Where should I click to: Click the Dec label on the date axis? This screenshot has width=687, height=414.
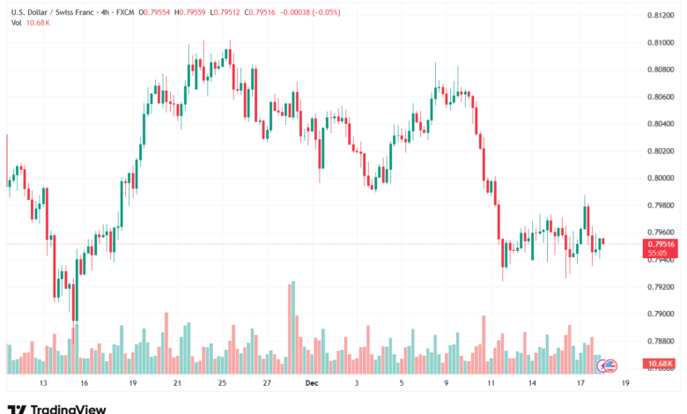coord(309,384)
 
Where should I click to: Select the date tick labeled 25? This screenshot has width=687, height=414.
coord(223,384)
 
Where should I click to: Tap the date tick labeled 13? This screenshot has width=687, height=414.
coord(42,384)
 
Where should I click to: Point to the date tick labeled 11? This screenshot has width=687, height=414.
coord(490,384)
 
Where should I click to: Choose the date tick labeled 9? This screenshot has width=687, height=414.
coord(447,384)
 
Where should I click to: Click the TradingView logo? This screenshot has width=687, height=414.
coord(56,408)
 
